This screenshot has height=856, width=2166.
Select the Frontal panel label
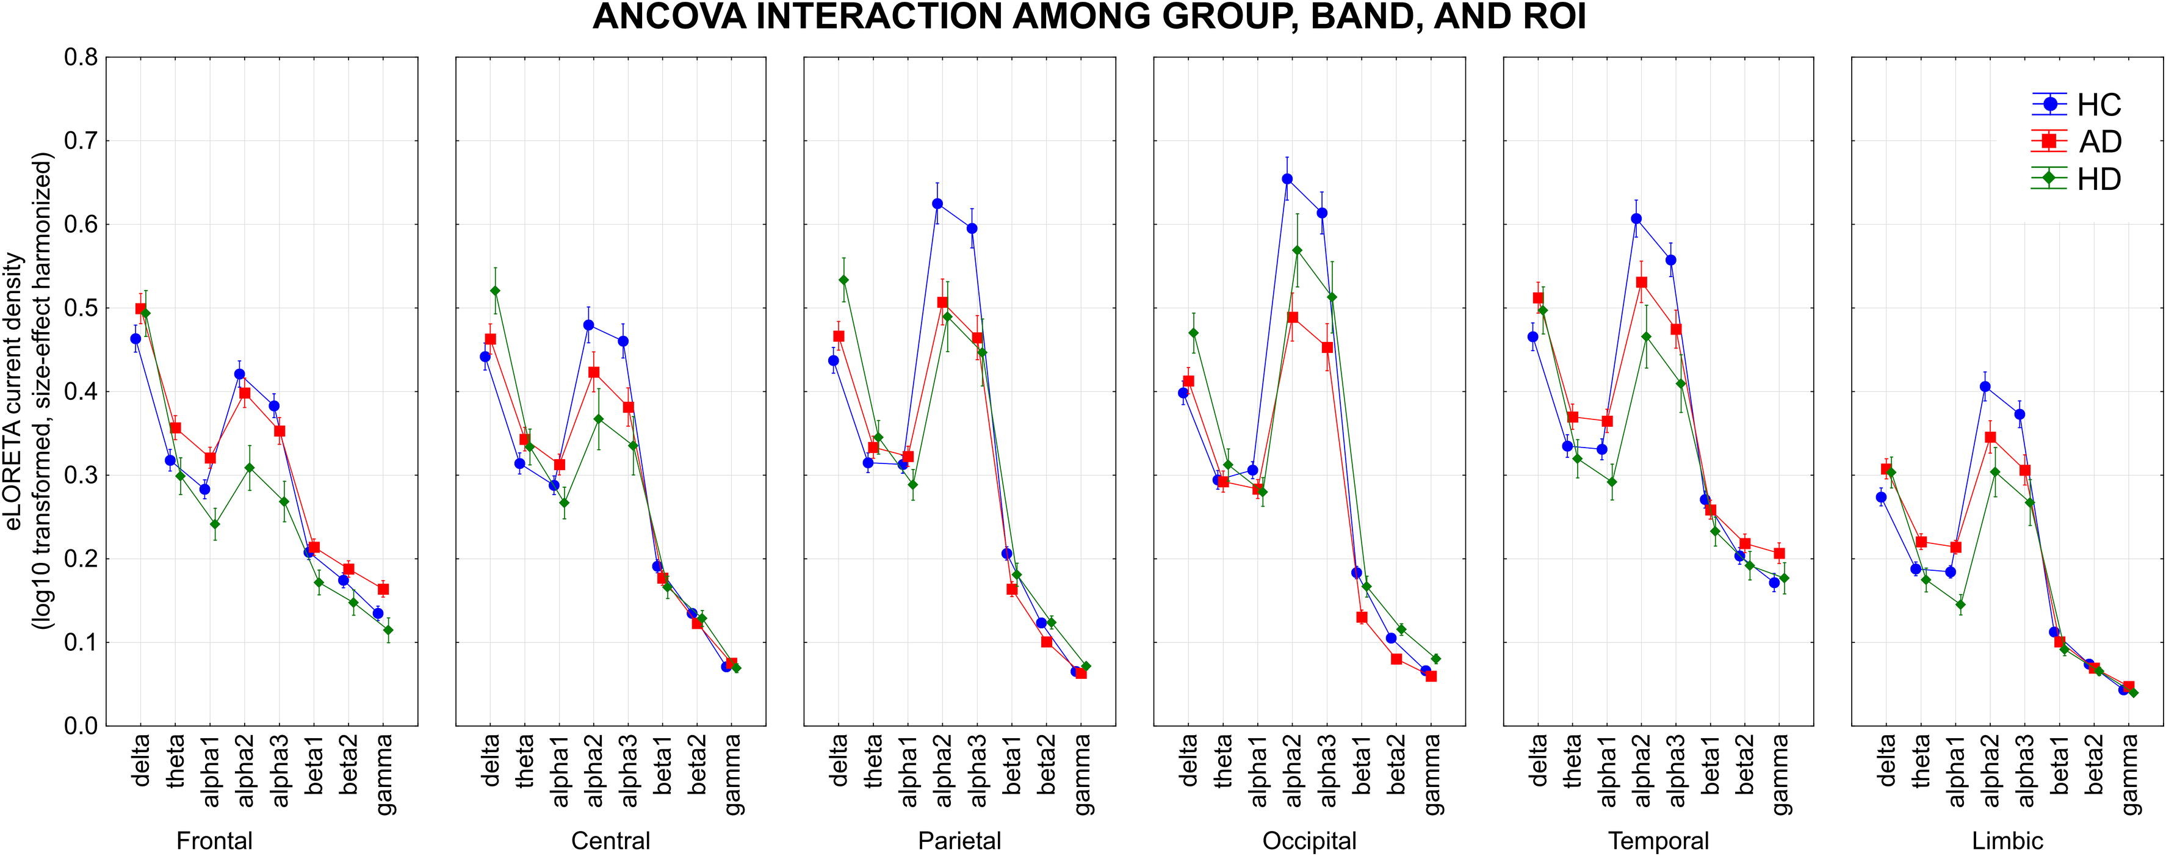coord(214,841)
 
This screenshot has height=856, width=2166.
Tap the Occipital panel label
coord(1309,841)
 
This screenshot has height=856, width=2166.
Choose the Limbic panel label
coord(2007,841)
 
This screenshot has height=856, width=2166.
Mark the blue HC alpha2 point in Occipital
coord(1287,179)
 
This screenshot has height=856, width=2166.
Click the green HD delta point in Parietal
coord(843,280)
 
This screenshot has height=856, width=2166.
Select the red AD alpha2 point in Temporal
coord(1641,283)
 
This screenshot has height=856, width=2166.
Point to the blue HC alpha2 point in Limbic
coord(1985,387)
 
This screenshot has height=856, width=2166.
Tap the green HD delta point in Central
coord(495,291)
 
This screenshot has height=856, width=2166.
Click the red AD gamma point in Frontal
coord(383,589)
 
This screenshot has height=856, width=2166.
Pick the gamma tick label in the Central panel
coord(733,774)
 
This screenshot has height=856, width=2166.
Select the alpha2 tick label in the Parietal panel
coord(944,769)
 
